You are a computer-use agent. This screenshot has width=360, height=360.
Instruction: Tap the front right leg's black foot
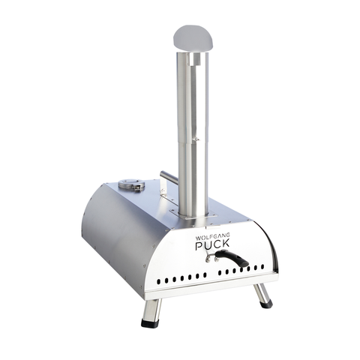(x=267, y=304)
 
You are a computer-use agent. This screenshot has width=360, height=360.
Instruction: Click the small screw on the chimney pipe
(x=196, y=139)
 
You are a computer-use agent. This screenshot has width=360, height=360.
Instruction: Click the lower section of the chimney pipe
(x=193, y=176)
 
